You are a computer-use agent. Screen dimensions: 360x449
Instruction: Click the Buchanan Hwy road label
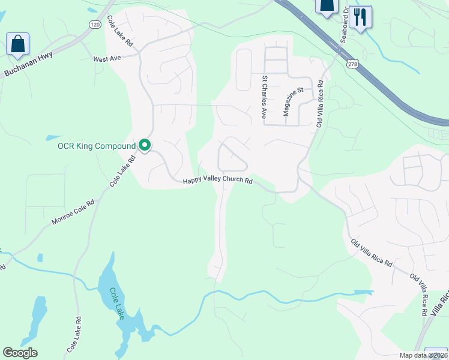[28, 64]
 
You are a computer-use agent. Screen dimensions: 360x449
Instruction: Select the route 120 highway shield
[95, 25]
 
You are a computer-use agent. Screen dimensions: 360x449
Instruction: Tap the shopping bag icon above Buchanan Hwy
[18, 44]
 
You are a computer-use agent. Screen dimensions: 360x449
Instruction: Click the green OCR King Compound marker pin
[145, 145]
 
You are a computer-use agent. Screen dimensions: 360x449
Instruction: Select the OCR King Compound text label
[96, 146]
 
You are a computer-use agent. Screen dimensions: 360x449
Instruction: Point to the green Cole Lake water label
[116, 303]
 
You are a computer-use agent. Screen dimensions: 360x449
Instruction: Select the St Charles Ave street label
[264, 97]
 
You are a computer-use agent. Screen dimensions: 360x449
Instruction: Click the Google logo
[20, 353]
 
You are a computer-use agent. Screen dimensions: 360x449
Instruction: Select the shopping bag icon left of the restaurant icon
[327, 7]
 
